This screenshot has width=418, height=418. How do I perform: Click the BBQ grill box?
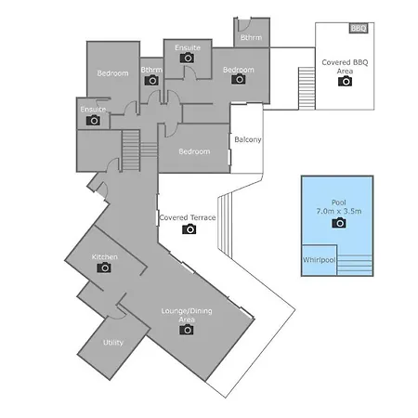coord(359,28)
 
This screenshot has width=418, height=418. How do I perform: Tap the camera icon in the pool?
coord(339,223)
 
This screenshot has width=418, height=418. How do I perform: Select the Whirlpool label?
coord(319,260)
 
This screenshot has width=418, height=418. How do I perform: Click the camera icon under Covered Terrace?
coord(189,229)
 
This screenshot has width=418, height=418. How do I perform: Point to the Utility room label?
coord(113,343)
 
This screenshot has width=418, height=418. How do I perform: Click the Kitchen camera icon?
coord(104,268)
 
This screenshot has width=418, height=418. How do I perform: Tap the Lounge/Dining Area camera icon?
coord(187,330)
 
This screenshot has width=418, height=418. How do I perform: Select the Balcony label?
coord(248,139)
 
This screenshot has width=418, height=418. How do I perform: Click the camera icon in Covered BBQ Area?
coord(346,81)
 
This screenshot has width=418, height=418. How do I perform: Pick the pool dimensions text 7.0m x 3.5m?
coord(339,211)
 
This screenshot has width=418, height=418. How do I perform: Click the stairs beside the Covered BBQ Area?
coord(307,88)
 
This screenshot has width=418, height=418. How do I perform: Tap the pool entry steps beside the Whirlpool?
coord(355,265)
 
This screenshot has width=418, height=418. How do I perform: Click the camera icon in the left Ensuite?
coord(93,120)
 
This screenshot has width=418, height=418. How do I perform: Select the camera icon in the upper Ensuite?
coord(187,58)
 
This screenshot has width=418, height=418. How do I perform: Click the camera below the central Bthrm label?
coord(151,80)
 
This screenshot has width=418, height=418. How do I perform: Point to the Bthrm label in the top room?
coord(251,37)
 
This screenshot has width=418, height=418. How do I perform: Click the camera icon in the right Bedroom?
coord(239,79)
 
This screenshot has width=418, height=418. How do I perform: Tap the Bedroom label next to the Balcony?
coord(194,151)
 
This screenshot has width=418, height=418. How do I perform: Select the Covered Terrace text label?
coord(188,217)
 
